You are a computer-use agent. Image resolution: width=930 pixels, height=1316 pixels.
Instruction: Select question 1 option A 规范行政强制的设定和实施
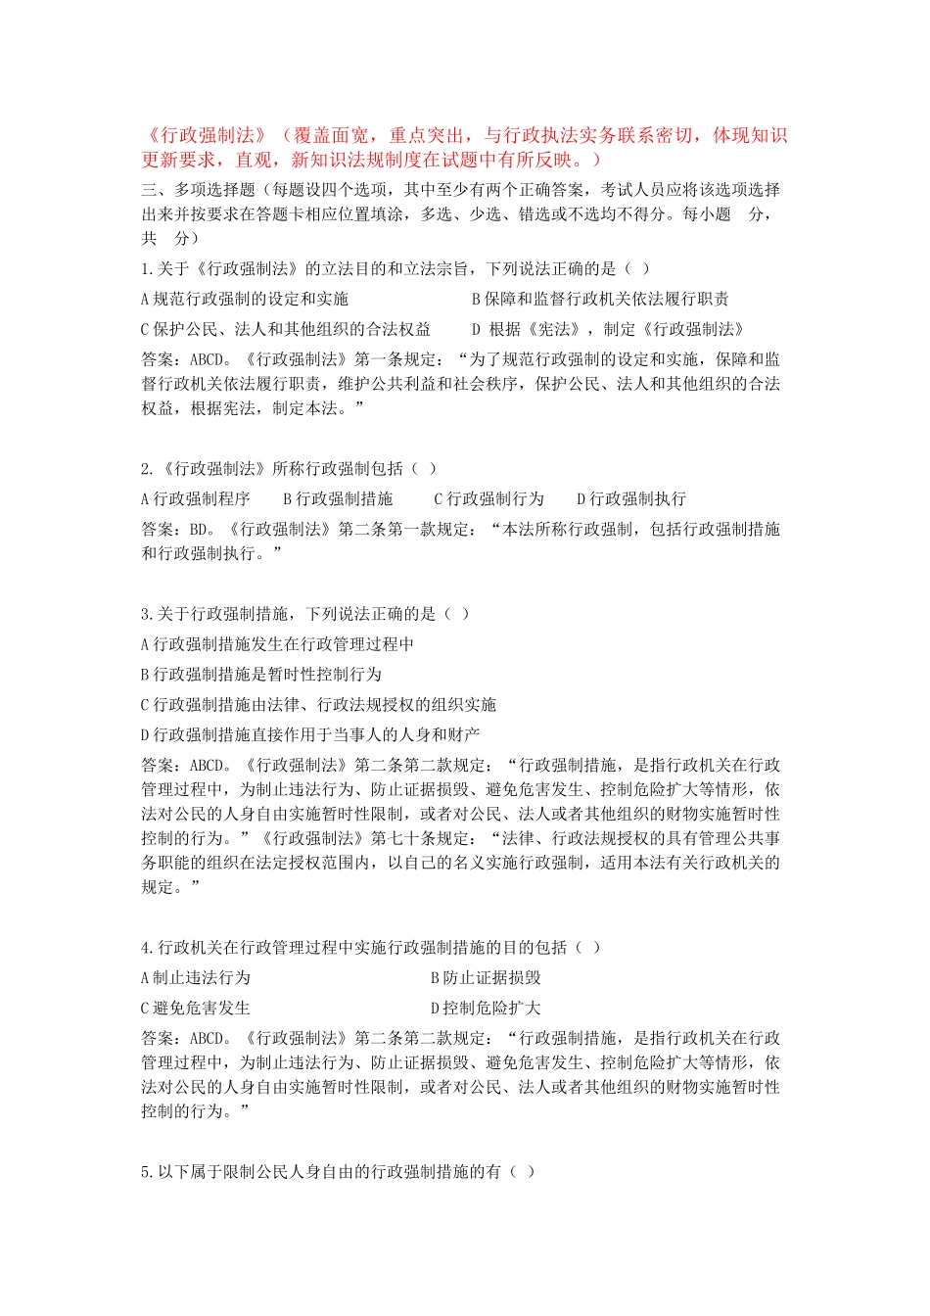coord(245,299)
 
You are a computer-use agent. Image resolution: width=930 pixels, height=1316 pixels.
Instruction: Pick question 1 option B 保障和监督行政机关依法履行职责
coord(599,299)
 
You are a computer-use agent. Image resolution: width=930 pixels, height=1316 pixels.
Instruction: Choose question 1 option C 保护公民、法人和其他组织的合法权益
coord(286,329)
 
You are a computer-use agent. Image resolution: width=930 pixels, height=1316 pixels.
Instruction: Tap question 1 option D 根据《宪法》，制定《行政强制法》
coord(608,329)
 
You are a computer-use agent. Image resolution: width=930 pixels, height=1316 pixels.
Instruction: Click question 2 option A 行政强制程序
coord(196,498)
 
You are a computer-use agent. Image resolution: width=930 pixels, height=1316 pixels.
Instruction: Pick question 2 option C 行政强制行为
coord(488,498)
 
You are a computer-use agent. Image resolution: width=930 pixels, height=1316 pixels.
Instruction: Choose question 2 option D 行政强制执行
coord(631,498)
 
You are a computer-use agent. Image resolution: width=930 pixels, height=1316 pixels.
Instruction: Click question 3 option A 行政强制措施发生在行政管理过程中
coord(277,644)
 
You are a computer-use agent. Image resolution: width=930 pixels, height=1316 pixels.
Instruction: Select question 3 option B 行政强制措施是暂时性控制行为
coord(261,675)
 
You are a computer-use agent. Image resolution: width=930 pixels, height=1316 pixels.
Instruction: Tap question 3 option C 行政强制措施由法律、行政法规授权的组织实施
coord(318,705)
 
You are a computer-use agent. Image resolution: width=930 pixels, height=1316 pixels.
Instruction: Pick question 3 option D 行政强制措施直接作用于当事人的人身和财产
coord(310,734)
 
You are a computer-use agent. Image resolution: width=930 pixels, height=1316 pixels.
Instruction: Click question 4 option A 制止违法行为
coord(196,977)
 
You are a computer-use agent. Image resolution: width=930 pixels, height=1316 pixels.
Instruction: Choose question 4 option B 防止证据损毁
coord(486,977)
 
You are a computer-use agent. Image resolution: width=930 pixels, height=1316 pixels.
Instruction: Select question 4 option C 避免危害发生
coord(196,1008)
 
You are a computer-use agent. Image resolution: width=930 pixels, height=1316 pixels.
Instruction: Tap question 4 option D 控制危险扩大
coord(486,1008)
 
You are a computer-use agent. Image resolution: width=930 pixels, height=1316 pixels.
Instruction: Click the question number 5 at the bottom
coord(146,1171)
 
